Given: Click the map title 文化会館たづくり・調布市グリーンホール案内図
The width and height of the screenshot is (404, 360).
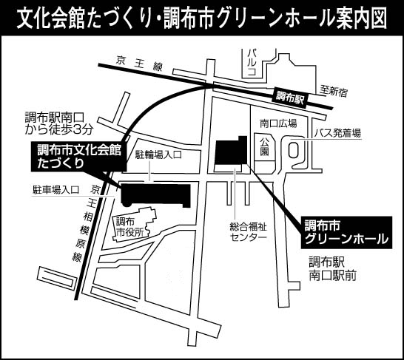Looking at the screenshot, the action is [x=202, y=18].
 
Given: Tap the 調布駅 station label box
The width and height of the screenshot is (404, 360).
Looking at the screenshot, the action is [x=290, y=98].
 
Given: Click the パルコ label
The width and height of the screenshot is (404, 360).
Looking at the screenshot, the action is [x=252, y=63].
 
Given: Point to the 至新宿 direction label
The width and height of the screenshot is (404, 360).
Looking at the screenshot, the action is [x=334, y=92].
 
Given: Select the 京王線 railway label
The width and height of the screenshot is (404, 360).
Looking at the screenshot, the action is [x=139, y=64].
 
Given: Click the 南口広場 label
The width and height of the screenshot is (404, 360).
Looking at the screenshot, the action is [x=278, y=123].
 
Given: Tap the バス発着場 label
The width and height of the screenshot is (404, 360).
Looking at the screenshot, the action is [x=337, y=133].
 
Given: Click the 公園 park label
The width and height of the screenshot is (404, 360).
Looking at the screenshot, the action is [x=264, y=146].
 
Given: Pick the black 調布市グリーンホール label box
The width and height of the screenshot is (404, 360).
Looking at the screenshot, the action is [x=346, y=232].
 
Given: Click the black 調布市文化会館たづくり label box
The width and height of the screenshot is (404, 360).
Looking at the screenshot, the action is [x=79, y=156].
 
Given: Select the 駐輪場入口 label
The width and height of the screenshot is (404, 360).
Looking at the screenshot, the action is [x=158, y=154].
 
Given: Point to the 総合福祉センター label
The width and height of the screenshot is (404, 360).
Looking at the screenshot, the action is [x=248, y=231].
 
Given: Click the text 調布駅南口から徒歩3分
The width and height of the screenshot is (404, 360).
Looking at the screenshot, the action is [x=58, y=124].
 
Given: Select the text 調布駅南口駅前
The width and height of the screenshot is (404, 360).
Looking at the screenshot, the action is [x=333, y=269].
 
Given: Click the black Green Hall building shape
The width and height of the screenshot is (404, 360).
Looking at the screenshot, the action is [x=231, y=151].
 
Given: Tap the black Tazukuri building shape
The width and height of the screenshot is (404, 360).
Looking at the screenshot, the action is [x=155, y=195].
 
